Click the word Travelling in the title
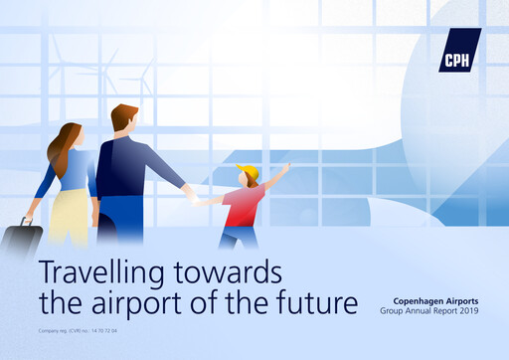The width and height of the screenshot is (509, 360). click(95, 270)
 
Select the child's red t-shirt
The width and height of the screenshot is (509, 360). click(243, 206)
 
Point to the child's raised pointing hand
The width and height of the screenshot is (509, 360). click(287, 166)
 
